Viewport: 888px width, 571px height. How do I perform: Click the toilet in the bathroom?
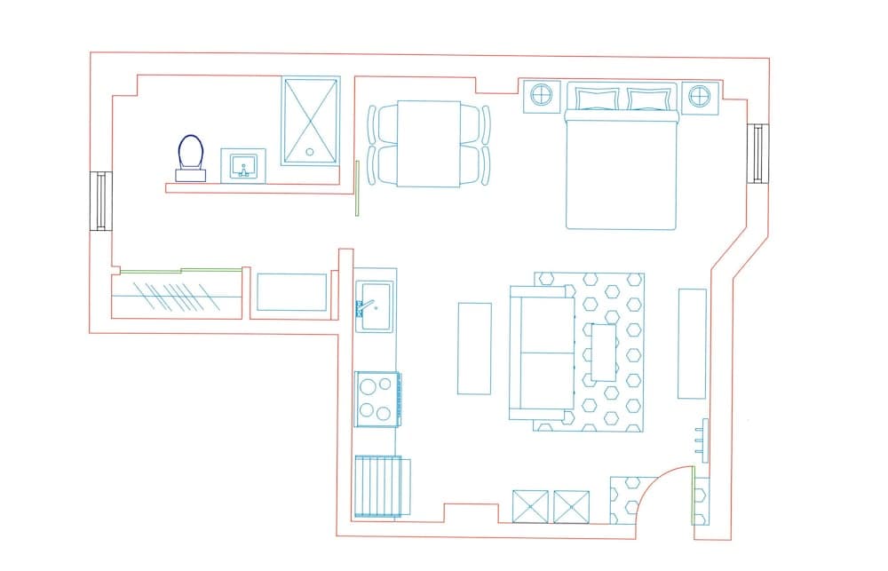pos(190,155)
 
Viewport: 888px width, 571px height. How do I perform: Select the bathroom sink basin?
pos(242,165)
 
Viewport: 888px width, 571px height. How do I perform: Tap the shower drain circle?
pos(310,151)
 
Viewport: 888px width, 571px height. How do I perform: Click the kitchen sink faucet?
pos(363,307)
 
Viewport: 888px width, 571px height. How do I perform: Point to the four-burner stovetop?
pos(376,399)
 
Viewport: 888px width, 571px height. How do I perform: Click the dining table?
pos(428,144)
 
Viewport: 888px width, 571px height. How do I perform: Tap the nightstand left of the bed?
pos(542,93)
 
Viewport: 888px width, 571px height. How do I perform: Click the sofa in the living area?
pos(542,353)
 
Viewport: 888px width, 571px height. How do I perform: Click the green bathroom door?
pos(356,188)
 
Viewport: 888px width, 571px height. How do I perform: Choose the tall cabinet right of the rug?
pos(692,343)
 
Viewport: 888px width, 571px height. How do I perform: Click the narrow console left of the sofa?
pos(473,347)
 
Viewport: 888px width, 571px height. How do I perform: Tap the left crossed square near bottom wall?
pos(530,505)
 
